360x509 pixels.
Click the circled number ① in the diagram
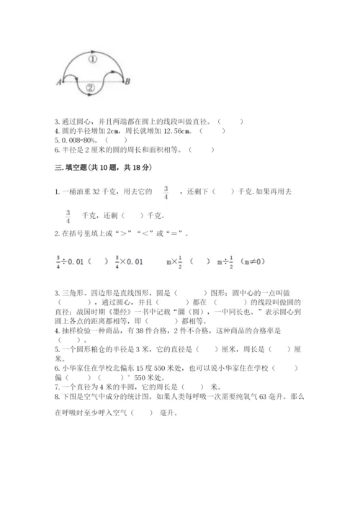coord(94,60)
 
